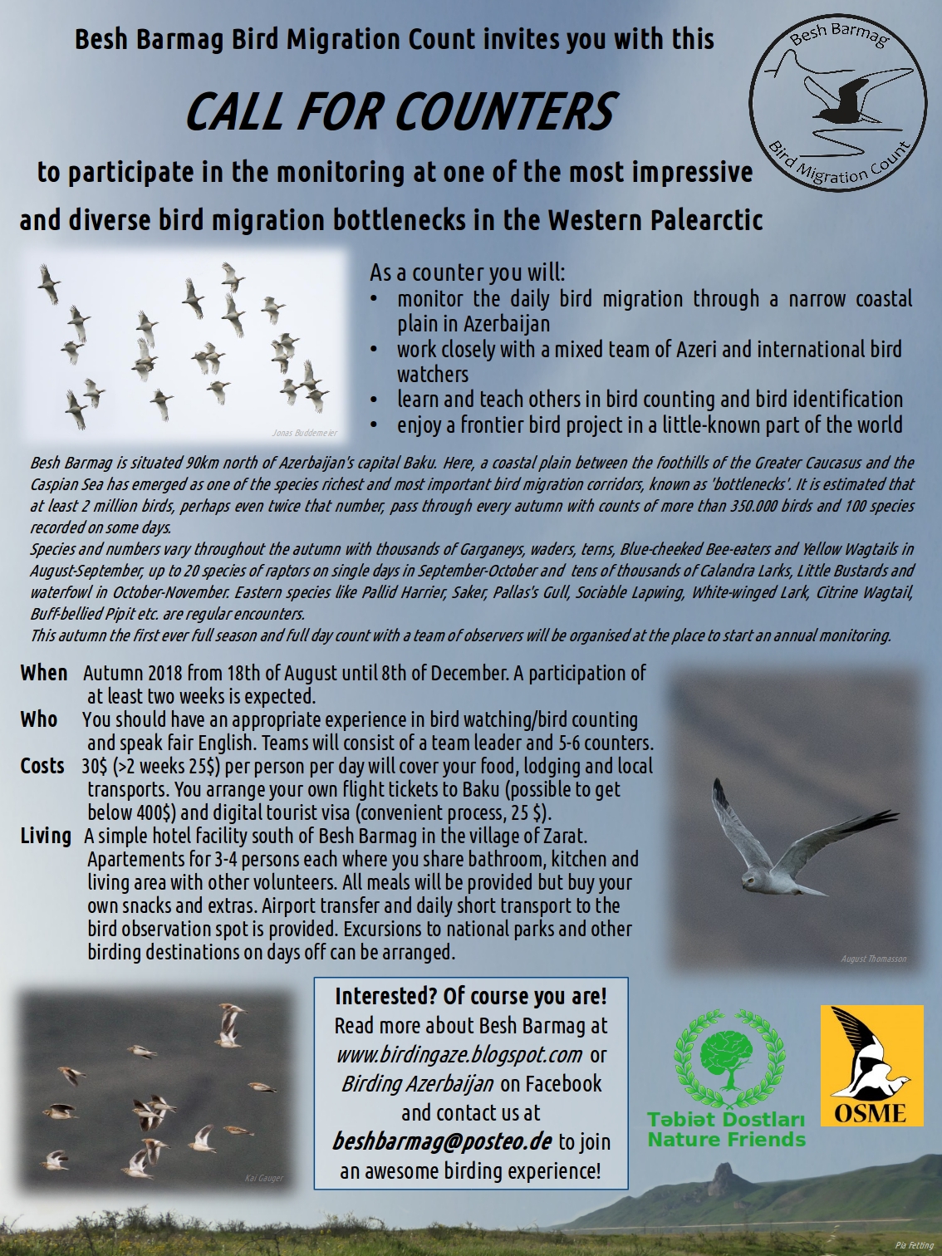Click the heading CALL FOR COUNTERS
(399, 111)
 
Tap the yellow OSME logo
(871, 1065)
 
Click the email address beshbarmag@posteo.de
(442, 1141)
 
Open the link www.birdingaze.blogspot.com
(459, 1054)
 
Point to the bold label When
(44, 673)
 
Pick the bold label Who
(39, 719)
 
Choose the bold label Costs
(42, 766)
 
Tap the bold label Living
(46, 836)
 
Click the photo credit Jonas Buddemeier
(305, 433)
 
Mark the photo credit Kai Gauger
(264, 1178)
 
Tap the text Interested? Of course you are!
(470, 996)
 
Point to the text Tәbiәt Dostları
(725, 1120)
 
